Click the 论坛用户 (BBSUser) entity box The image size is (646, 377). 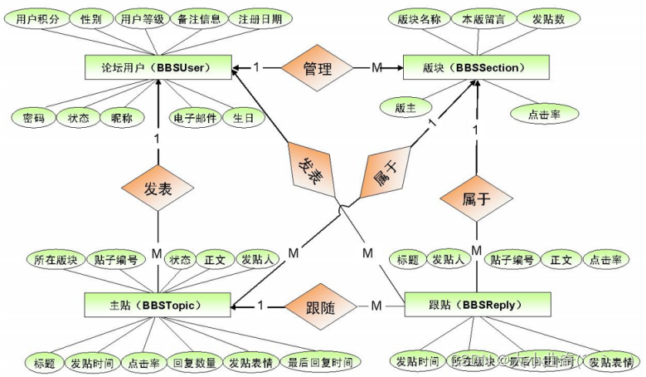click(x=158, y=67)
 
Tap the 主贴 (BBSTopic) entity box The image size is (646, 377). click(x=158, y=306)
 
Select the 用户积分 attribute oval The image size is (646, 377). click(x=38, y=18)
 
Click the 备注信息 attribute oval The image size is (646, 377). click(x=196, y=18)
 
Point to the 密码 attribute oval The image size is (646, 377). click(x=34, y=118)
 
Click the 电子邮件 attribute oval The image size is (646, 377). click(x=196, y=118)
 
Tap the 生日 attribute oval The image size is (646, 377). click(x=242, y=118)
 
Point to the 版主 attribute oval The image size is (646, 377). click(x=406, y=107)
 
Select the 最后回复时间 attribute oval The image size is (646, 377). click(x=319, y=362)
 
